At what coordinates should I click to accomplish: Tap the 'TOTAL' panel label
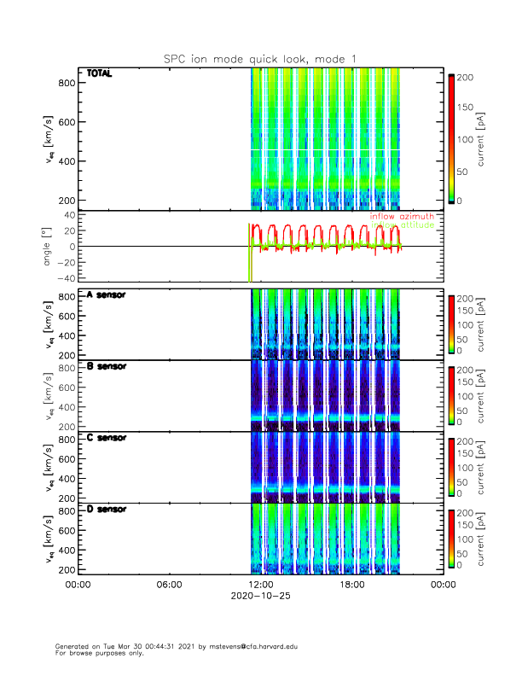pyautogui.click(x=100, y=74)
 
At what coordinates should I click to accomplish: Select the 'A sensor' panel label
pyautogui.click(x=106, y=295)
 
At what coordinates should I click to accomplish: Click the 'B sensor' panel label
pyautogui.click(x=106, y=367)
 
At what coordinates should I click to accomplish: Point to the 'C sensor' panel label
pyautogui.click(x=106, y=438)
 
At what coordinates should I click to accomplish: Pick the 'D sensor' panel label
pyautogui.click(x=106, y=510)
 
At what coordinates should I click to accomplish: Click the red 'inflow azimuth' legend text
pyautogui.click(x=402, y=217)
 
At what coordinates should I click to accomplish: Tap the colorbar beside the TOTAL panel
pyautogui.click(x=451, y=138)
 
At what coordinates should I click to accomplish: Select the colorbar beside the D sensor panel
pyautogui.click(x=451, y=539)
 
